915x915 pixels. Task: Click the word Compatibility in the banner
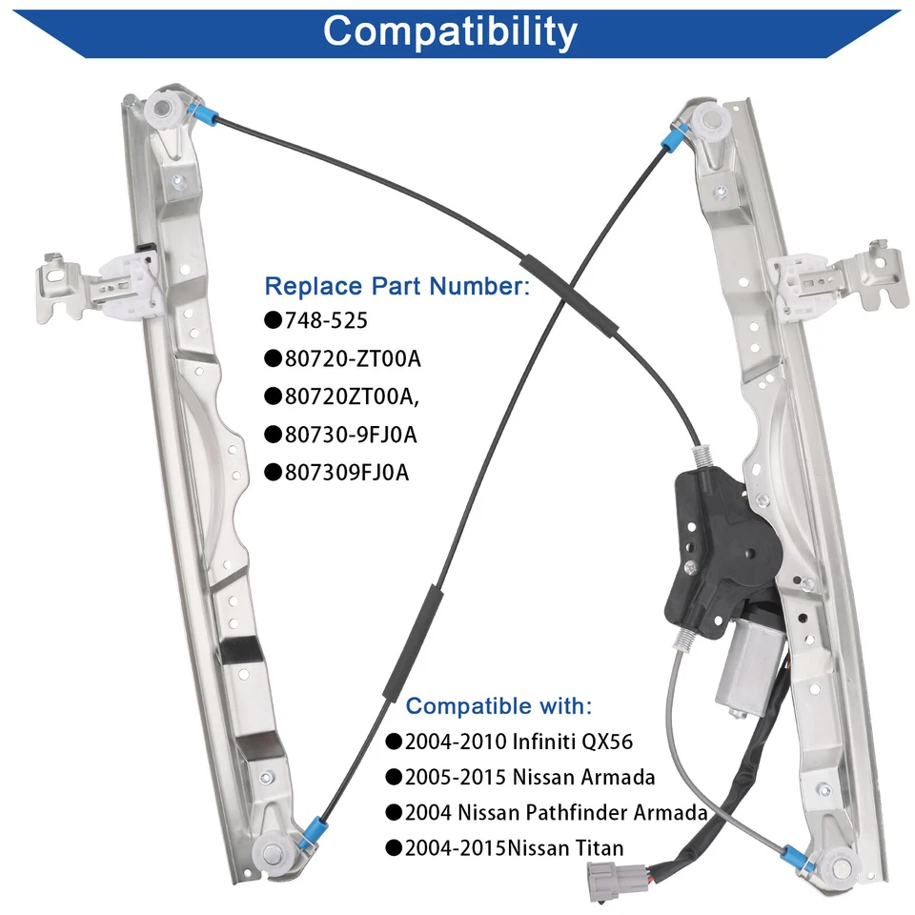point(450,30)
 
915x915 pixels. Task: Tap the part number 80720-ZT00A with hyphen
point(352,358)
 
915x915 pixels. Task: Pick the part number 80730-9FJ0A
point(351,435)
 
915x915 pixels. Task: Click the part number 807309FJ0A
point(347,473)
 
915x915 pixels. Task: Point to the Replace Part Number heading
point(396,285)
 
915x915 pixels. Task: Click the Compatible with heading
point(498,706)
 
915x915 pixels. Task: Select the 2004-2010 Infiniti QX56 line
point(518,742)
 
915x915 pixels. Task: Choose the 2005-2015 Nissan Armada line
point(530,777)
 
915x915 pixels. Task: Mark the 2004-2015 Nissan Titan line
point(515,847)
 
